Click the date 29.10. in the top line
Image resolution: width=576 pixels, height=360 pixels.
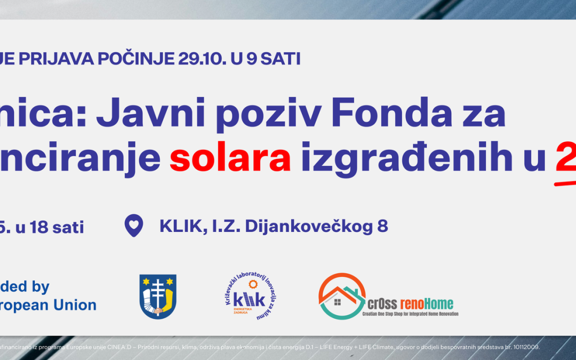coord(196,59)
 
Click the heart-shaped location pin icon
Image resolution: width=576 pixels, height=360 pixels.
coord(134,226)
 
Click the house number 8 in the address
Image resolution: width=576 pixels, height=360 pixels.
coord(382,226)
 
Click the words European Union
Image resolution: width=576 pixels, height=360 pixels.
coord(48,305)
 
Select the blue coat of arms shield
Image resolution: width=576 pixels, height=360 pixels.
coord(158,296)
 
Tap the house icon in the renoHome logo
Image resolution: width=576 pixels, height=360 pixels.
coord(342,297)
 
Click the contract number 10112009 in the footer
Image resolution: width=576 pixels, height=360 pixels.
coord(525,347)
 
